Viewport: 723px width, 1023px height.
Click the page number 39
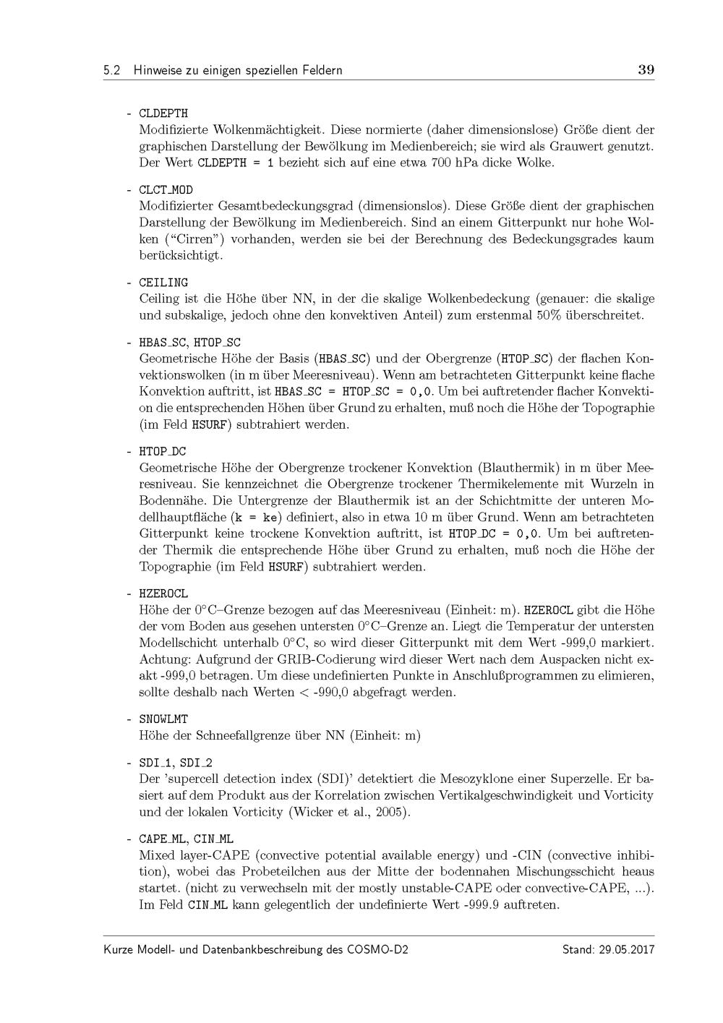[x=646, y=70]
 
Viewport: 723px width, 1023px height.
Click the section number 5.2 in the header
[x=112, y=71]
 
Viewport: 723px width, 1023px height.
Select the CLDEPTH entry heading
[x=163, y=114]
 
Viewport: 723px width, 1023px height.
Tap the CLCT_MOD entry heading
[x=166, y=190]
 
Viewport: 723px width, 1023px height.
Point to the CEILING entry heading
[x=163, y=283]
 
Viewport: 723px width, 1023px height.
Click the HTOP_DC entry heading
[x=162, y=452]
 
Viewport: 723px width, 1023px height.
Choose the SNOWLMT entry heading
[x=163, y=719]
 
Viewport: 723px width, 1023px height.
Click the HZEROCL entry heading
[x=163, y=594]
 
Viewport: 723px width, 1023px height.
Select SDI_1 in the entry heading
[x=155, y=763]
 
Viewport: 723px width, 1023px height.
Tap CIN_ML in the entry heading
[x=213, y=839]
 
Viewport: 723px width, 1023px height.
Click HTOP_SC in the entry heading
[x=217, y=342]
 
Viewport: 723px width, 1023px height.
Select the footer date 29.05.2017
[x=627, y=949]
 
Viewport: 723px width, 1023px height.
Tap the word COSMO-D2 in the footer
[x=381, y=949]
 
